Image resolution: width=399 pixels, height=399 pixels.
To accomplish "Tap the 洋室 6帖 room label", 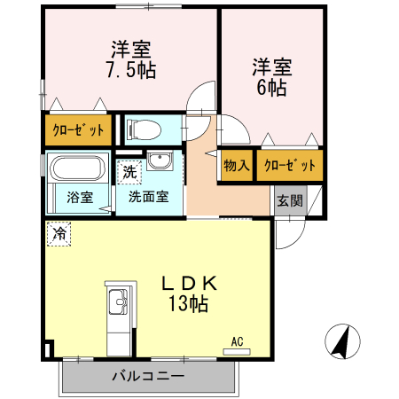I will [x=270, y=77].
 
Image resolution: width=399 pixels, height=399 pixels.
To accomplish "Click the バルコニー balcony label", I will [x=147, y=376].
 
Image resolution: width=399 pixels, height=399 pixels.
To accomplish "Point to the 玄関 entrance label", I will [x=288, y=199].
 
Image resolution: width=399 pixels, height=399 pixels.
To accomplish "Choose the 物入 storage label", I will [x=236, y=166].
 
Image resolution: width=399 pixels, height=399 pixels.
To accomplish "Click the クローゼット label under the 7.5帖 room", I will [x=78, y=130].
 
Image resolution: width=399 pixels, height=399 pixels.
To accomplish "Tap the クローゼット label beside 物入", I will [x=290, y=166].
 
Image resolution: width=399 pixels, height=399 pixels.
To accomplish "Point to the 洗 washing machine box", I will [x=129, y=169].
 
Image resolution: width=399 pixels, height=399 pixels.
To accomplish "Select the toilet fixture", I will [x=144, y=130].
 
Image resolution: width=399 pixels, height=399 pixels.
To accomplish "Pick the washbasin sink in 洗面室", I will [x=161, y=162].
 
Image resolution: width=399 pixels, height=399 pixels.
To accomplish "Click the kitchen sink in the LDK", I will [x=117, y=306].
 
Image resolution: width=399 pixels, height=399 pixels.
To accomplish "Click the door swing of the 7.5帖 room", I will [x=203, y=98].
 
